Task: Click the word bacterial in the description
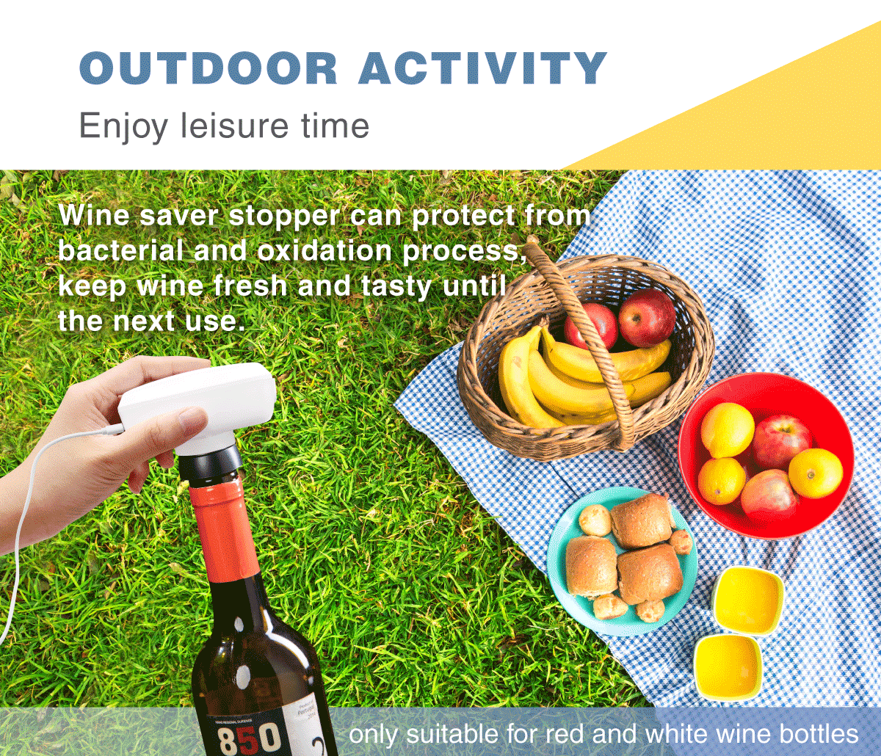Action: pos(120,252)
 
